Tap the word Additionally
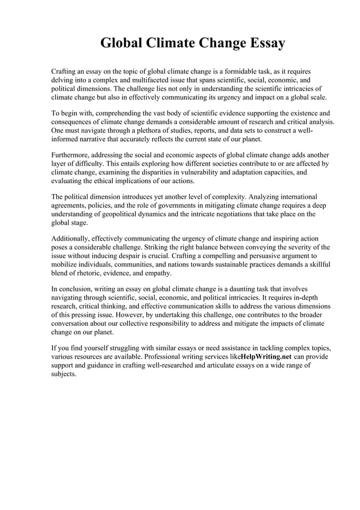(x=73, y=238)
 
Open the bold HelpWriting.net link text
(x=266, y=358)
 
